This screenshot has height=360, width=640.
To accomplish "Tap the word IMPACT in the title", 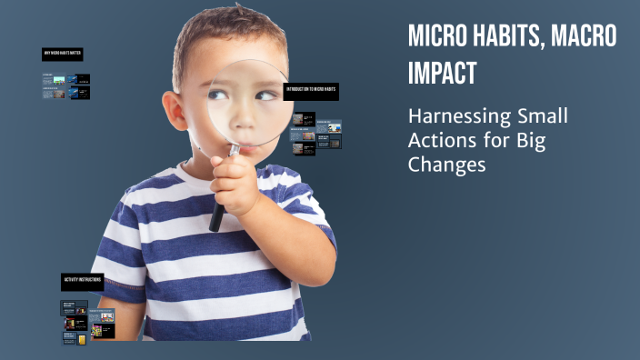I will (x=442, y=73).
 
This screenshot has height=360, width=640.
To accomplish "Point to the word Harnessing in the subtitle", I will (x=456, y=118).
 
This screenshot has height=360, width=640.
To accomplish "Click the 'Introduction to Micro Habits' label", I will (x=312, y=91).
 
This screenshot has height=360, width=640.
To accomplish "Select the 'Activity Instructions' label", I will (x=82, y=279).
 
